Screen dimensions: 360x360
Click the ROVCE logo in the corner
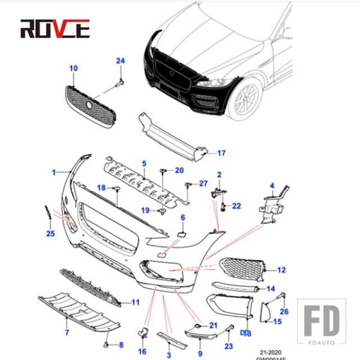pos(55,28)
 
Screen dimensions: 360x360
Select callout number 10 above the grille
pos(74,69)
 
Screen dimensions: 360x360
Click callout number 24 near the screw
pos(121,61)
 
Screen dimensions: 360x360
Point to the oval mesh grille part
pos(89,106)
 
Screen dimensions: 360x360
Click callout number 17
pos(221,153)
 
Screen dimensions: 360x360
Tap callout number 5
pos(144,163)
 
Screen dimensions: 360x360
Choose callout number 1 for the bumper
pos(54,172)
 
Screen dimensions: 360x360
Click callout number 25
pos(50,233)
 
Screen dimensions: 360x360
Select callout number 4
pos(271,186)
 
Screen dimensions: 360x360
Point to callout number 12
pos(281,270)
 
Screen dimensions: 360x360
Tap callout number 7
pos(67,332)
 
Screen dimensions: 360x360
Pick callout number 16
pos(142,351)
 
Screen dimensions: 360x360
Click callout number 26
pos(284,311)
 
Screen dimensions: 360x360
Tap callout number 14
pos(271,289)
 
